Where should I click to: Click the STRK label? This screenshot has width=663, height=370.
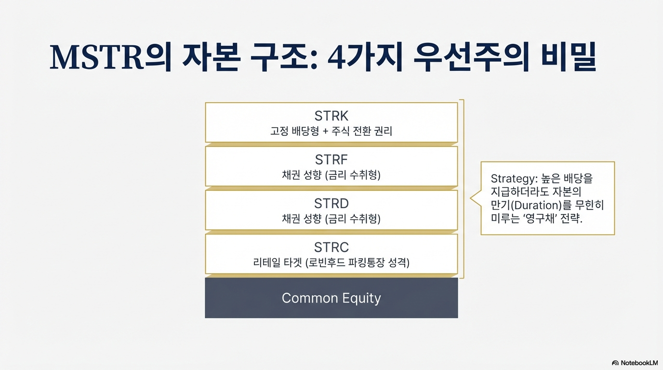point(331,116)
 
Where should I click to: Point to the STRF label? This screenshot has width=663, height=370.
point(331,159)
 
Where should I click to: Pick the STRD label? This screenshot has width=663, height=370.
point(331,203)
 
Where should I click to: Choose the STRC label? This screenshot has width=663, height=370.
point(331,247)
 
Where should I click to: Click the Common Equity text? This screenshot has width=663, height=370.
point(331,298)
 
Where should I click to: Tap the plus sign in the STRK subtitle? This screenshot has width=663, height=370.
point(326,131)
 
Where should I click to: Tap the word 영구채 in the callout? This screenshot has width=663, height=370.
point(541,218)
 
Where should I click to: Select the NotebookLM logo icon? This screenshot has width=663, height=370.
point(615,363)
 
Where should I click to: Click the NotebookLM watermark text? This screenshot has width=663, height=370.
point(639,363)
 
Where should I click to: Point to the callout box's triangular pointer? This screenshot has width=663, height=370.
point(476,198)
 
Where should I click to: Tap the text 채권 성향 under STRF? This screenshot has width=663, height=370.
point(302,175)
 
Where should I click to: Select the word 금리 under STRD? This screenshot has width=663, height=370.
point(337,219)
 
